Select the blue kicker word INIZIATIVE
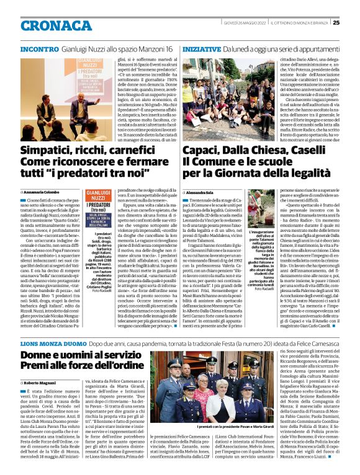[x=202, y=48]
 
